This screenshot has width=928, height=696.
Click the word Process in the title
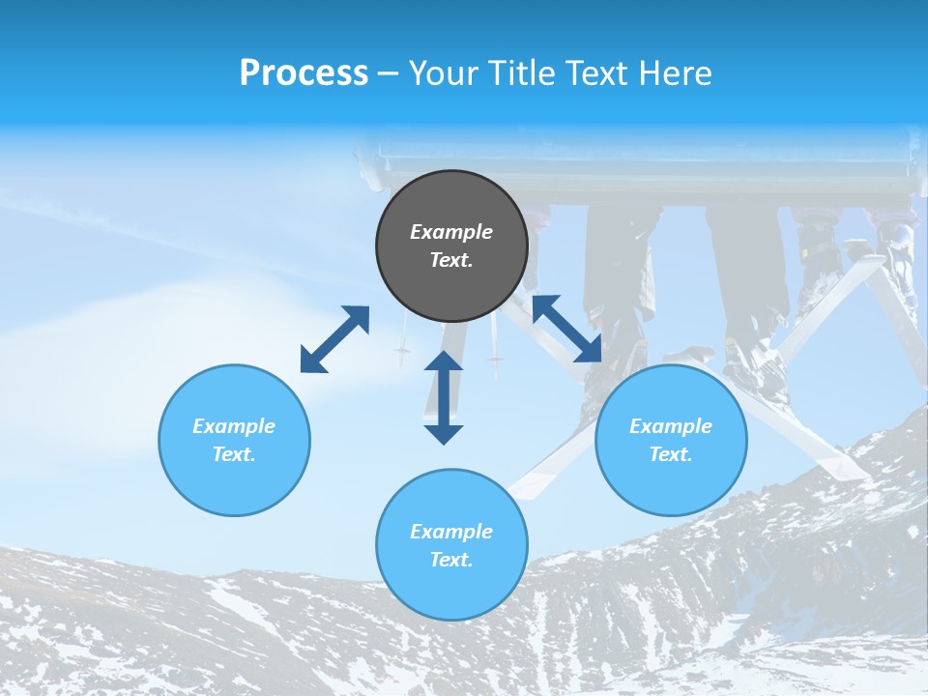pyautogui.click(x=304, y=72)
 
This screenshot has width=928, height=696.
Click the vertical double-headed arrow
pyautogui.click(x=444, y=398)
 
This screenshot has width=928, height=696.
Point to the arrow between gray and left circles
pyautogui.click(x=334, y=339)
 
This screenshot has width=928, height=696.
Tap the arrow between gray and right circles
pyautogui.click(x=566, y=329)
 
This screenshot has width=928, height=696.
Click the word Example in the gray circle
pyautogui.click(x=451, y=232)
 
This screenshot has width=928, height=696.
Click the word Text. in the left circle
pyautogui.click(x=234, y=454)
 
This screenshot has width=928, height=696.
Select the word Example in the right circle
pyautogui.click(x=671, y=426)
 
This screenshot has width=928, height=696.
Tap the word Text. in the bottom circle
pyautogui.click(x=451, y=560)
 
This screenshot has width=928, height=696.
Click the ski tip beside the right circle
pyautogui.click(x=851, y=469)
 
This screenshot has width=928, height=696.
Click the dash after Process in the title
pyautogui.click(x=388, y=73)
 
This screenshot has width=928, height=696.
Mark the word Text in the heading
pyautogui.click(x=590, y=73)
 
